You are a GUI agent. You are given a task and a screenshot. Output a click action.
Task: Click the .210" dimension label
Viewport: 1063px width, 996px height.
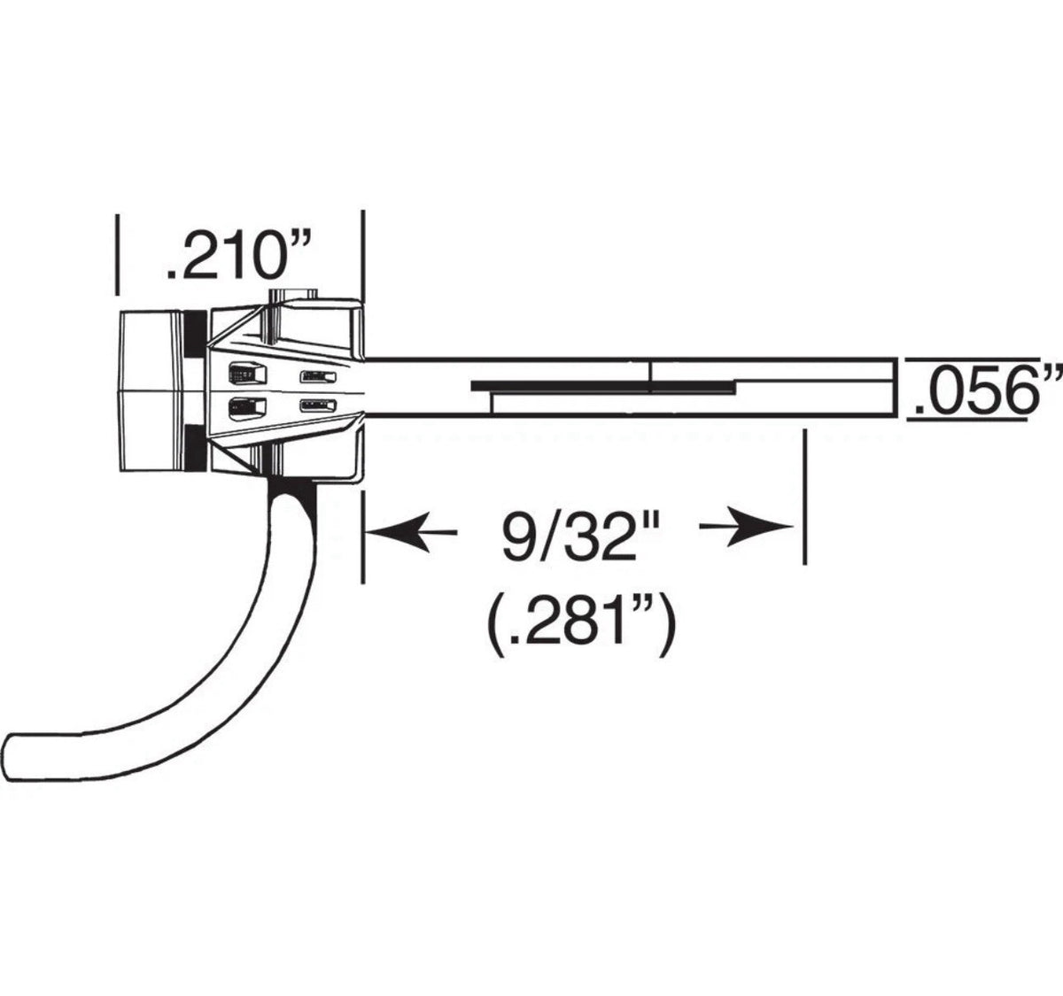(238, 254)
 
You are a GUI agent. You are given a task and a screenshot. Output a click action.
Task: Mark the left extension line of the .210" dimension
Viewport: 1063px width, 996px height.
(117, 255)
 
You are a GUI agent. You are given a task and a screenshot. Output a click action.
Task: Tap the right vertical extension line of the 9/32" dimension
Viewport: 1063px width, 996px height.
(804, 497)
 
